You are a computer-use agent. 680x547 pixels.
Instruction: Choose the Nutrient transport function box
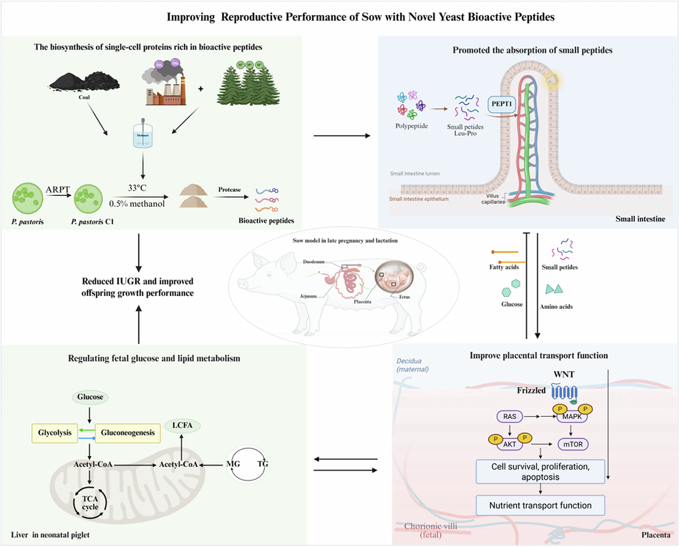pyautogui.click(x=540, y=506)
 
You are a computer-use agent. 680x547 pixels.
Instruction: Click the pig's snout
pyautogui.click(x=238, y=284)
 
